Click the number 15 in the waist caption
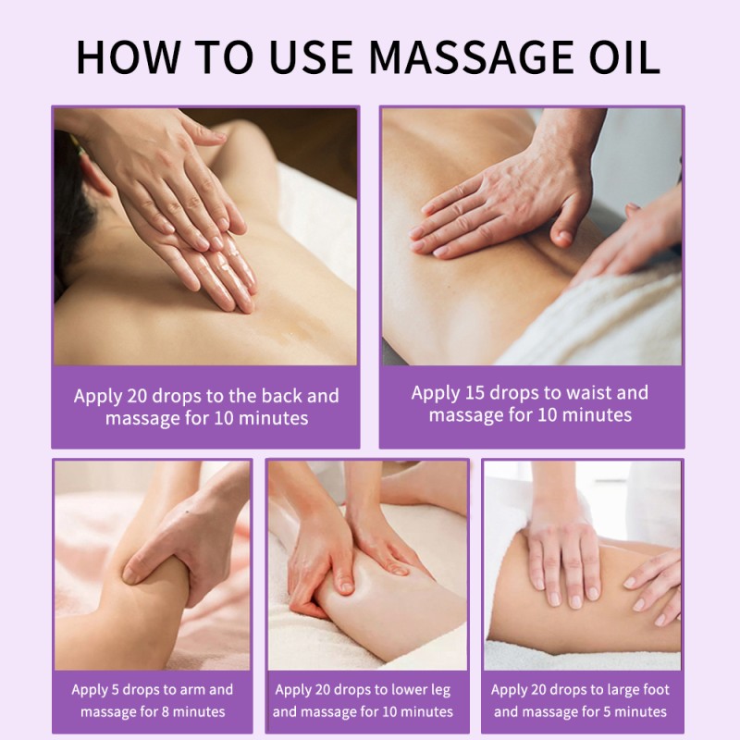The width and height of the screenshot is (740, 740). pyautogui.click(x=476, y=392)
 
